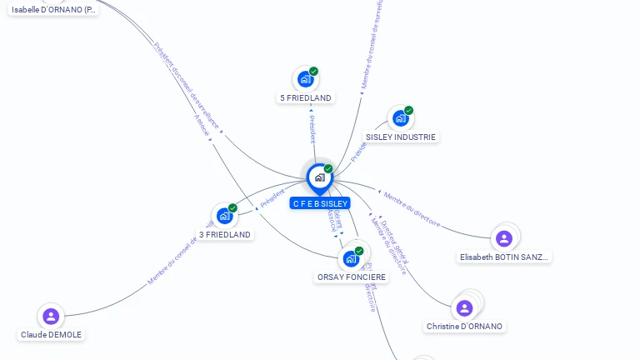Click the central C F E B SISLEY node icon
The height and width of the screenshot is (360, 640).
click(x=319, y=177)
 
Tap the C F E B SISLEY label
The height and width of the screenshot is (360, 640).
click(x=320, y=203)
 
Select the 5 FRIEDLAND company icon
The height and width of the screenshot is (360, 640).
click(x=305, y=79)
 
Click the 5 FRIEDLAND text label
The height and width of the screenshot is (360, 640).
click(x=306, y=98)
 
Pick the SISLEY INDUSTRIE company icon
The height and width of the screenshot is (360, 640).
click(x=400, y=118)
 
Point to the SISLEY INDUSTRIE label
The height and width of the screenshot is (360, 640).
click(x=401, y=137)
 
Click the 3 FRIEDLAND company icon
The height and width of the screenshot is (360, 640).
click(x=224, y=216)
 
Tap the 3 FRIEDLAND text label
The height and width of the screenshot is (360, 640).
click(x=225, y=235)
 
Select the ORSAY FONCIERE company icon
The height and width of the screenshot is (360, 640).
click(x=351, y=258)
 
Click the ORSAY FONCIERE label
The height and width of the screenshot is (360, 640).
click(x=352, y=277)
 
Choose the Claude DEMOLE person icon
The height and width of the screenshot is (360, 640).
click(x=51, y=317)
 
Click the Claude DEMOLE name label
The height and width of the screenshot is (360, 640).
click(x=52, y=335)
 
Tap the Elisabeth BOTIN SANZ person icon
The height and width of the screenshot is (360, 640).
click(x=503, y=239)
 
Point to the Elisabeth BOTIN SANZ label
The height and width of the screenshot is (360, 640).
click(x=504, y=257)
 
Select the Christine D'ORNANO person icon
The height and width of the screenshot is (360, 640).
click(x=464, y=308)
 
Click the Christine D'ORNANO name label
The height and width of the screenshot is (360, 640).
click(x=465, y=327)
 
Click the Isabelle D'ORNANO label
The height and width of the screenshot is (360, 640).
click(x=53, y=10)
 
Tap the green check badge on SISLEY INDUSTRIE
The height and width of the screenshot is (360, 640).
click(x=409, y=110)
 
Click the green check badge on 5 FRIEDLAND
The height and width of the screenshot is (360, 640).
click(x=314, y=71)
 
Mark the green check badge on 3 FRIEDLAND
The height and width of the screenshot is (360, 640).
click(x=233, y=207)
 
